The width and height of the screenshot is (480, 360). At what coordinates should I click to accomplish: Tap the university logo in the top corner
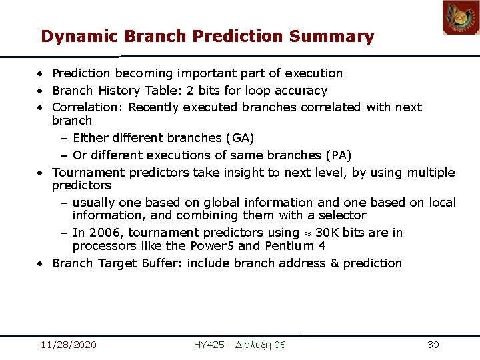tap(461, 18)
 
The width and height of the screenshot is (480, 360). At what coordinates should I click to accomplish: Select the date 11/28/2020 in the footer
tap(68, 345)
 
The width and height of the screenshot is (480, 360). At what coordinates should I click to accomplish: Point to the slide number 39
tap(433, 345)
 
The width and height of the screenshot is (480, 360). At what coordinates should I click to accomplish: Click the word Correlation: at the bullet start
tap(88, 107)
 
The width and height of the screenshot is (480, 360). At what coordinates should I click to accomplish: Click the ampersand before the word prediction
tap(335, 263)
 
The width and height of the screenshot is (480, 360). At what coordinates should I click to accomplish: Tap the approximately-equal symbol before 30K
tap(307, 233)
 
